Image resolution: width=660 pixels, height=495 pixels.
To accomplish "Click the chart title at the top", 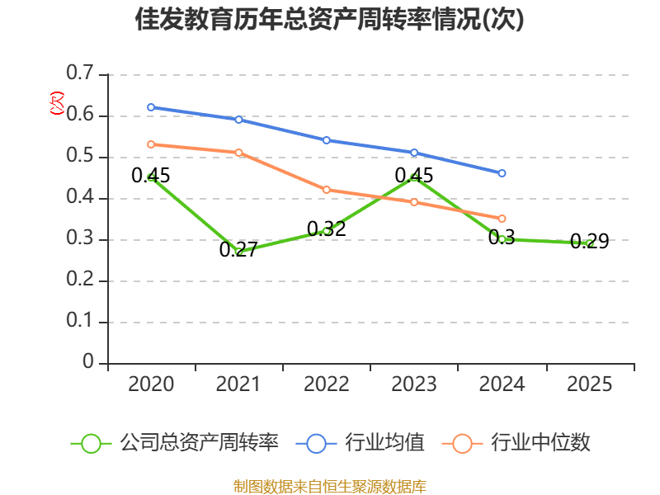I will coord(330,20).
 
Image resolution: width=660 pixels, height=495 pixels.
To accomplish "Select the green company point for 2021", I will coord(239,252).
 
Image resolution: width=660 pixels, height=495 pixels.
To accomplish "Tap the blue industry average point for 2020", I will coord(151,107).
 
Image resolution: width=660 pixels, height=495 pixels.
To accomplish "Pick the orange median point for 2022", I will coord(327,190).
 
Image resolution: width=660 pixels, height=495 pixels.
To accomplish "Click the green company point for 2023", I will coord(414,177).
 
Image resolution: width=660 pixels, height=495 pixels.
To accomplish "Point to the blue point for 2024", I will coord(502,173).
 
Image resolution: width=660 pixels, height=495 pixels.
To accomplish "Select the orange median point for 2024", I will coord(502,219).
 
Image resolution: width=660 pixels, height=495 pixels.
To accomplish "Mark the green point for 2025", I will coord(589,243).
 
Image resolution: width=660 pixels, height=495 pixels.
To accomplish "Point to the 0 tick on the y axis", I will coord(88,363).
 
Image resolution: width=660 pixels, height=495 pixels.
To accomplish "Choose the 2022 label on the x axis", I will coord(327,384).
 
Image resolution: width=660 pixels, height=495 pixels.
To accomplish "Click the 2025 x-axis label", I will coord(589,384).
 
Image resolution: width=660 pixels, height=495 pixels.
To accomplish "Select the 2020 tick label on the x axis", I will coord(151,384).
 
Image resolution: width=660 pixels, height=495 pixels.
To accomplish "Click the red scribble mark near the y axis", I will coord(57,103).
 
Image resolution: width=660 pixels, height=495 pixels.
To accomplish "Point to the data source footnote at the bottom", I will coord(330,486).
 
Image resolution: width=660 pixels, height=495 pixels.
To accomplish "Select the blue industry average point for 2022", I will coord(327,140).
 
